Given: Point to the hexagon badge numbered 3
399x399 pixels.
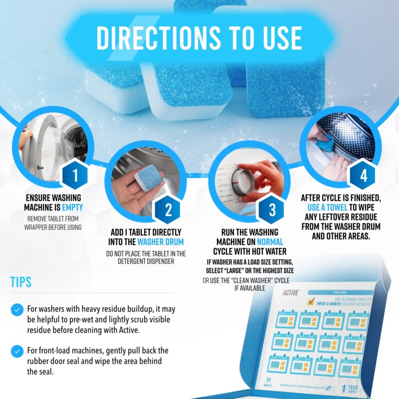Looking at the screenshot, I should coord(272,208).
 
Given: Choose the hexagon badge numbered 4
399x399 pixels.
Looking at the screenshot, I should coord(363,175).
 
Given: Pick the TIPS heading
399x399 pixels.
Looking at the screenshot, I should coord(21,282).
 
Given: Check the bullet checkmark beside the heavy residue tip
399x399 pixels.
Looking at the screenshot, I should coord(17,310).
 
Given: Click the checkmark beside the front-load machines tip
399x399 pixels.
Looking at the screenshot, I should coord(17,350).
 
